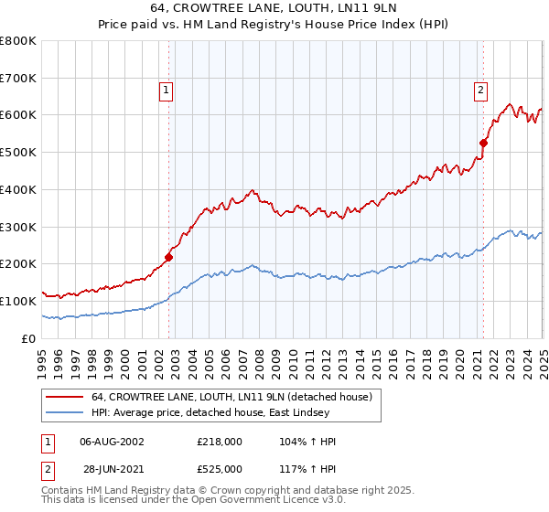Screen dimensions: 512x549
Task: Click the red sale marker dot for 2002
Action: click(168, 257)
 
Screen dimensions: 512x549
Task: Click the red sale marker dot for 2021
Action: click(483, 143)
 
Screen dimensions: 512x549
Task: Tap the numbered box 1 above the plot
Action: click(166, 90)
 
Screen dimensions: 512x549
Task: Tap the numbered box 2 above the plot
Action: click(480, 90)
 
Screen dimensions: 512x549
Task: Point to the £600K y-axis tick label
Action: click(18, 115)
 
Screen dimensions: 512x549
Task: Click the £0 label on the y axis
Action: click(27, 338)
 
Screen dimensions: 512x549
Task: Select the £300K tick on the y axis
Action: click(18, 227)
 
